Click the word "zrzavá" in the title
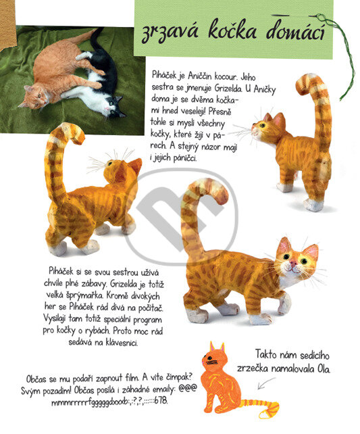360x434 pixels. point(170,30)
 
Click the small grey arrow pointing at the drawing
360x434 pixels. point(266,383)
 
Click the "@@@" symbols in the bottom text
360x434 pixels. point(188,388)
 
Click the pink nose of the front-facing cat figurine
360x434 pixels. point(294,262)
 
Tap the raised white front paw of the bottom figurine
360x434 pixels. point(285,303)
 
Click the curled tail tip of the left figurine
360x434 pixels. point(78,136)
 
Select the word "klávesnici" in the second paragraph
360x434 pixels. point(122,343)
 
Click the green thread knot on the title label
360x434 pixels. point(321,18)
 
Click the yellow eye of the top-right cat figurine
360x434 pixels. point(262,125)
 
